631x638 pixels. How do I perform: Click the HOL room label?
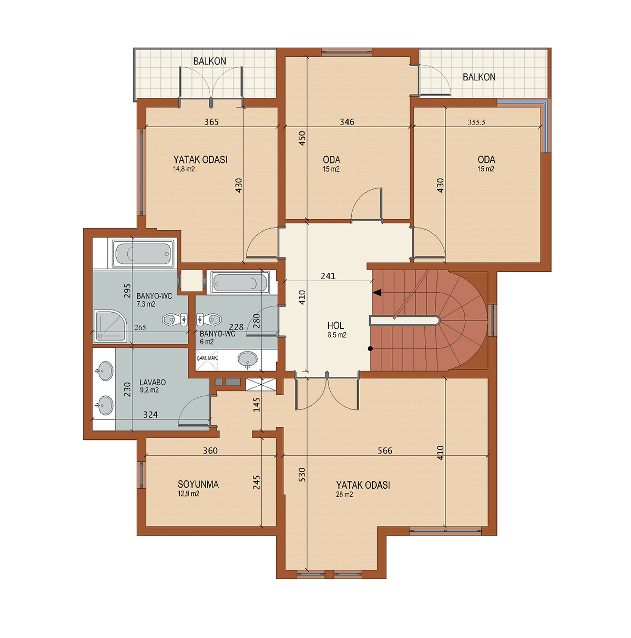335,325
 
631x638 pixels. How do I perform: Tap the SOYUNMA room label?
198,485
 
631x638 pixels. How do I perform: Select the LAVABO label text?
153,383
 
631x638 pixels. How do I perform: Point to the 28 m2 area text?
344,495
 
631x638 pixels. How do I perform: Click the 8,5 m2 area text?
337,335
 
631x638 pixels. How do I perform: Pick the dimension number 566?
385,450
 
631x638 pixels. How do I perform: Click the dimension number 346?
347,122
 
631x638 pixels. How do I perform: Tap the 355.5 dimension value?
476,122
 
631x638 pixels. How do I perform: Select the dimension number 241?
328,276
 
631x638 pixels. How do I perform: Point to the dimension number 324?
150,415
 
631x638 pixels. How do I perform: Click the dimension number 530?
302,475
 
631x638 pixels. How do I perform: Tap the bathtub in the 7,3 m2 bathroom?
143,254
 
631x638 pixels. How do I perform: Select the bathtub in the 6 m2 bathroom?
240,283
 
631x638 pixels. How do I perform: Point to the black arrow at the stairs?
377,293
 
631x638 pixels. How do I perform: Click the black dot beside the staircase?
371,348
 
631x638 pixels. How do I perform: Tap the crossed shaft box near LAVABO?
261,385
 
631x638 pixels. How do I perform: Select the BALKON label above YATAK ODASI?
210,61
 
